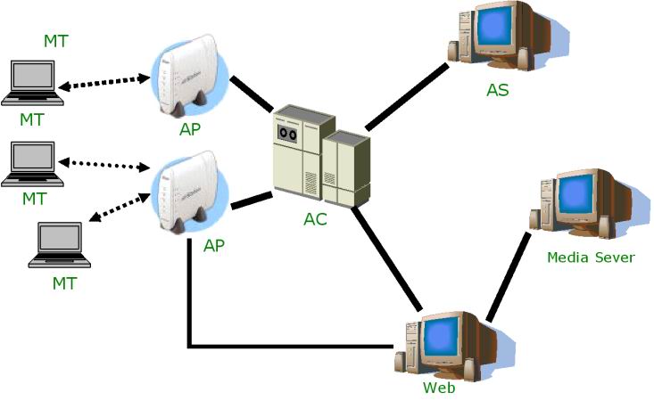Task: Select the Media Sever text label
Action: tap(591, 258)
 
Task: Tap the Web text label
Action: tap(439, 388)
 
